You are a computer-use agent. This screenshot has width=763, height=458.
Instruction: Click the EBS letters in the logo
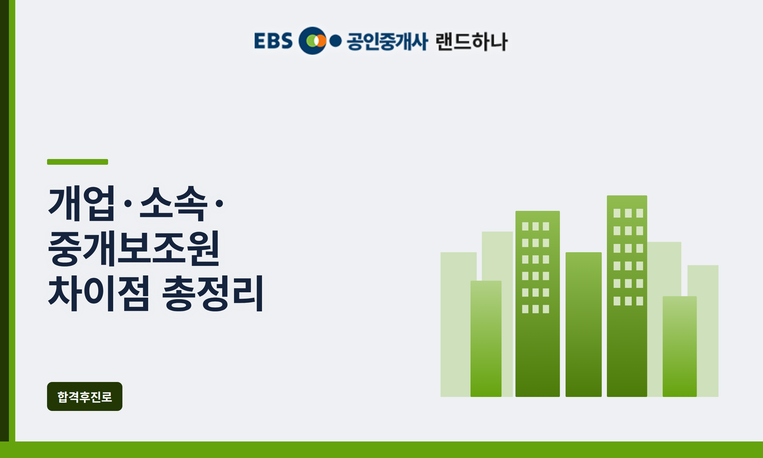click(x=273, y=41)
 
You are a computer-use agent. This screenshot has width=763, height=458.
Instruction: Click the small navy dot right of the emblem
click(x=335, y=41)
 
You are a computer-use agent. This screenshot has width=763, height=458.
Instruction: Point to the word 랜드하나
click(x=472, y=41)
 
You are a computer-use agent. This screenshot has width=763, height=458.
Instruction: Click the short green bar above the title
click(x=78, y=162)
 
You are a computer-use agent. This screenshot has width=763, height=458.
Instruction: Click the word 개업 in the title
click(x=81, y=203)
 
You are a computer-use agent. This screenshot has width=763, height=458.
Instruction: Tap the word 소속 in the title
click(x=174, y=203)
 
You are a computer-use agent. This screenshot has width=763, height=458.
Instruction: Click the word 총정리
click(x=213, y=293)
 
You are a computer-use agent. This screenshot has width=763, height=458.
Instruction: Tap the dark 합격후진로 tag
click(x=85, y=396)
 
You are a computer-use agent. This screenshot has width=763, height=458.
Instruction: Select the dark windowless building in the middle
click(x=584, y=324)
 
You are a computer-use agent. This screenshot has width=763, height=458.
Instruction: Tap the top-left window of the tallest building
click(x=617, y=213)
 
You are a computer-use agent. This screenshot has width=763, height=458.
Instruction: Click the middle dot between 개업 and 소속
click(x=128, y=203)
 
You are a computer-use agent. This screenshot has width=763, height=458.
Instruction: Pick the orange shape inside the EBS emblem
click(x=321, y=41)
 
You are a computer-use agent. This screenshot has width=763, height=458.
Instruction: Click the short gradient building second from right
click(x=680, y=346)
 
